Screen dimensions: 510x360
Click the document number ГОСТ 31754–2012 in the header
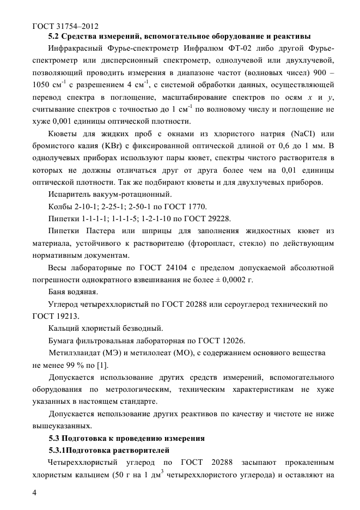tap(65, 25)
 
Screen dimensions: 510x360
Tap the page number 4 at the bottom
tap(35, 493)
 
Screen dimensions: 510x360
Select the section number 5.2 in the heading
tap(55, 37)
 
